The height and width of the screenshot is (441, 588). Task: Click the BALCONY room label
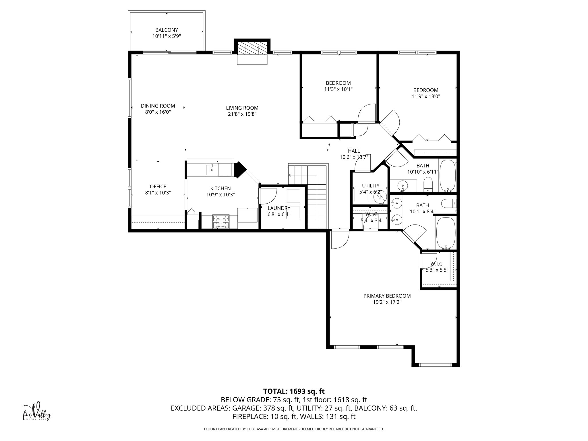[167, 30]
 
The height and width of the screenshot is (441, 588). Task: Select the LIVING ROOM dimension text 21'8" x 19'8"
[242, 114]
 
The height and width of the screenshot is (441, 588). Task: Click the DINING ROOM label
[158, 106]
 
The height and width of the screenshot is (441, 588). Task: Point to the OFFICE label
[158, 187]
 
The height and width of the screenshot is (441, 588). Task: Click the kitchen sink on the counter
[212, 169]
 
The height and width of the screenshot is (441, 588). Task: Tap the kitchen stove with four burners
[221, 222]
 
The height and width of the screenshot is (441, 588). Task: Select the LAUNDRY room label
[279, 208]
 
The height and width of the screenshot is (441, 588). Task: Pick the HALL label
[354, 151]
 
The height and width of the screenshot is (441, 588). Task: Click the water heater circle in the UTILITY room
[380, 198]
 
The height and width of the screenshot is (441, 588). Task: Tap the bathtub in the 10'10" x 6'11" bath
[447, 176]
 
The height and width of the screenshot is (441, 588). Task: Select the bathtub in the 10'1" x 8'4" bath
[445, 233]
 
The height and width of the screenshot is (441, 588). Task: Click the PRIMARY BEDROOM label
[387, 296]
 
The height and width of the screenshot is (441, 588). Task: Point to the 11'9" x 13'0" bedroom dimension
[425, 96]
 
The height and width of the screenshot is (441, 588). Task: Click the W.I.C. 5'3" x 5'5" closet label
[437, 264]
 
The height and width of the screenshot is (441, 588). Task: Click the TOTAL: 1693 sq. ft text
[294, 391]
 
